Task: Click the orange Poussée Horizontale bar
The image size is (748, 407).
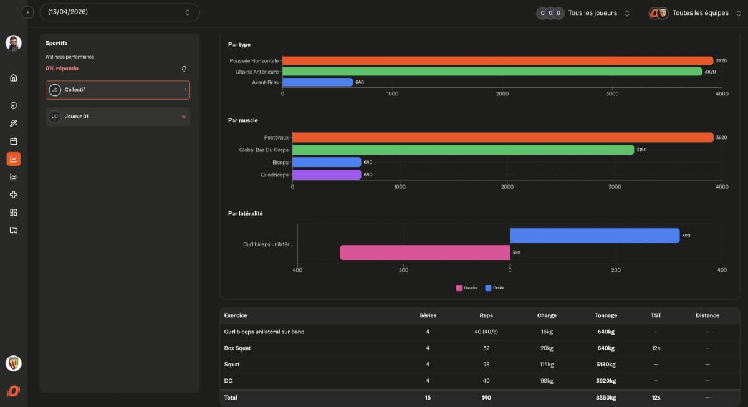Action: click(x=497, y=60)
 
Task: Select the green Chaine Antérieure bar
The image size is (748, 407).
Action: click(x=492, y=72)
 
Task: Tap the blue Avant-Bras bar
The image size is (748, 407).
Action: click(x=318, y=82)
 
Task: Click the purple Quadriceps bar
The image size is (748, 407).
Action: click(x=327, y=175)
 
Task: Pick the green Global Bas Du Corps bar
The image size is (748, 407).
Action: click(x=463, y=150)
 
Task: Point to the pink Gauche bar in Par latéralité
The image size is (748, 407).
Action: click(x=424, y=252)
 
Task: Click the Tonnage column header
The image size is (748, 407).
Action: click(x=605, y=315)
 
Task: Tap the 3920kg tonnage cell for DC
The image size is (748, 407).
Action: click(x=605, y=380)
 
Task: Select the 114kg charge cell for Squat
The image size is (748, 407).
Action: click(x=547, y=364)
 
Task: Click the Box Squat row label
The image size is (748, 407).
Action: click(x=237, y=348)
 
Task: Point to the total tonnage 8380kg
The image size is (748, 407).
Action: click(x=605, y=397)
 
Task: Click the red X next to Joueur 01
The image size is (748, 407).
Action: click(x=183, y=117)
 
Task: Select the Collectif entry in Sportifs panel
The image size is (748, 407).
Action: click(x=117, y=90)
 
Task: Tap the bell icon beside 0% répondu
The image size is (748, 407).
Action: click(x=184, y=69)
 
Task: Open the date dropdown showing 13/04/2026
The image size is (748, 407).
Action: click(x=119, y=12)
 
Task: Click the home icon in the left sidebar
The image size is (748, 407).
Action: click(x=14, y=78)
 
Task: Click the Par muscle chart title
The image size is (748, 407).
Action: click(x=243, y=120)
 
